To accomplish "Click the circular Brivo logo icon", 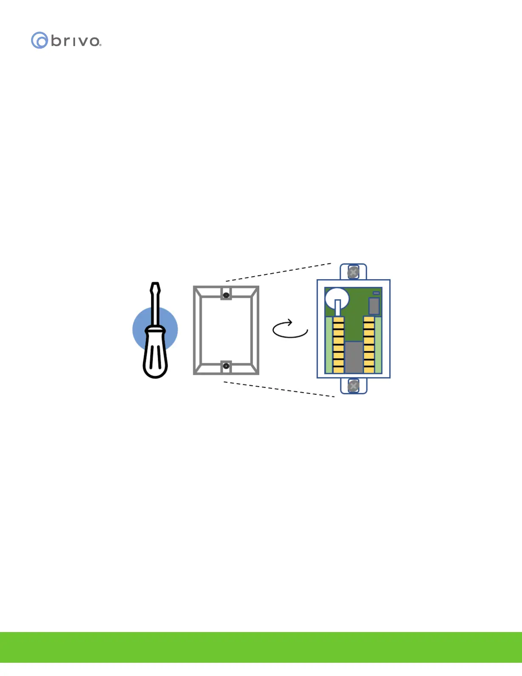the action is (x=39, y=40).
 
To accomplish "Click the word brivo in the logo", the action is (x=75, y=41).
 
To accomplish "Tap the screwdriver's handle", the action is (x=155, y=354).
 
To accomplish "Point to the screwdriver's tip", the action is (x=156, y=285).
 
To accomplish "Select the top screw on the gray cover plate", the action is (x=226, y=295).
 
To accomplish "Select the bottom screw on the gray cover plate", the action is (x=226, y=366).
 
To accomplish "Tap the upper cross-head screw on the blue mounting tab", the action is (x=353, y=272).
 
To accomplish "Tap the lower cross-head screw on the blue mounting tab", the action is (x=353, y=386).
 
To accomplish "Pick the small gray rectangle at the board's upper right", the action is (x=374, y=306).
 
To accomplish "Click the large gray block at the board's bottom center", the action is (x=354, y=357).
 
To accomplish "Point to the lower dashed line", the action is (x=279, y=389).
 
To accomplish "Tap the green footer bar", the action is (x=261, y=647).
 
